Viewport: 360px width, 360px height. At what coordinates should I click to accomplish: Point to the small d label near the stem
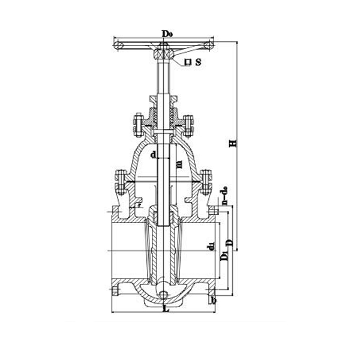[153, 155]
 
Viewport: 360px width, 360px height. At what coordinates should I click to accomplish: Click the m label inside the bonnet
[178, 163]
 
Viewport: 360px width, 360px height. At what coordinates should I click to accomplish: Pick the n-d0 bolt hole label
[224, 198]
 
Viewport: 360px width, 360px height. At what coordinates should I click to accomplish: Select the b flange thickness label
[214, 299]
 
